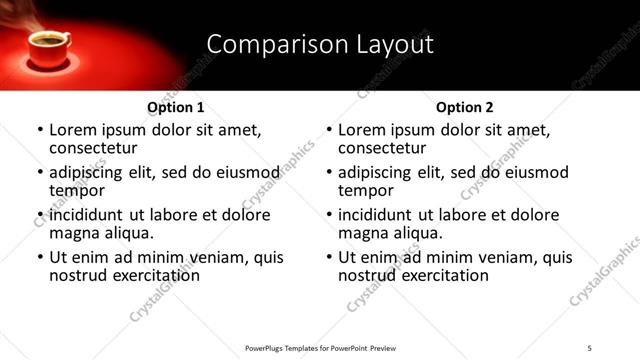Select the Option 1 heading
[x=176, y=107]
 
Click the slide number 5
[x=590, y=347]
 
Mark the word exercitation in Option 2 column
[x=444, y=276]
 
